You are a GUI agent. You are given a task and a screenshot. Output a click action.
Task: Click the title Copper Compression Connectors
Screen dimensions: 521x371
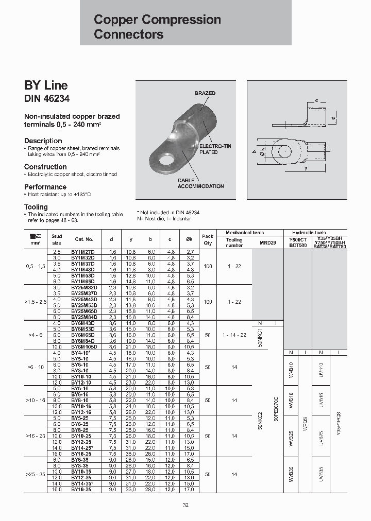pos(157,27)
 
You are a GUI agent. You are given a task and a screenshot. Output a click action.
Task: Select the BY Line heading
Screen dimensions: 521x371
pos(46,85)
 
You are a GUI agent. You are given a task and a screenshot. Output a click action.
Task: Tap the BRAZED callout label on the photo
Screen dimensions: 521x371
pos(205,93)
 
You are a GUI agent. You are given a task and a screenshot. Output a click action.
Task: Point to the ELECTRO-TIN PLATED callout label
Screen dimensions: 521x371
pos(215,149)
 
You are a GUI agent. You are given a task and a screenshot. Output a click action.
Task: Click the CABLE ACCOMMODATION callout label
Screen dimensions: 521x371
pos(200,183)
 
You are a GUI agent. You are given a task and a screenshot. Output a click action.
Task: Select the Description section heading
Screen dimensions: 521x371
pos(43,141)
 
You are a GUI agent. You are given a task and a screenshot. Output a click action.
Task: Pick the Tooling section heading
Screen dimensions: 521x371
pos(36,207)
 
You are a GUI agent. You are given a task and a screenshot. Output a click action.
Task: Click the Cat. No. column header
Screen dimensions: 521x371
pos(83,239)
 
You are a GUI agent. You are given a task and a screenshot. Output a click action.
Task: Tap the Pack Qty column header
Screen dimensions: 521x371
pos(208,239)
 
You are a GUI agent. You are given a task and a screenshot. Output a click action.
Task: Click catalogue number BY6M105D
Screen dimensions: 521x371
pos(83,347)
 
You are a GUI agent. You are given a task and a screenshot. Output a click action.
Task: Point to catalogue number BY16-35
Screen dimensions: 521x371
pos(81,490)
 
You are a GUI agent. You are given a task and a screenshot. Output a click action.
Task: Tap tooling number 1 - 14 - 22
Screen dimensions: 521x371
pos(234,335)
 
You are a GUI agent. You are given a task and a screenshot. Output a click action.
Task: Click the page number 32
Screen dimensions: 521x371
pos(185,505)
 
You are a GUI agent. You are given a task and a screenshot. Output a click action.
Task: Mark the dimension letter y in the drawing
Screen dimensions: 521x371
pos(306,168)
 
